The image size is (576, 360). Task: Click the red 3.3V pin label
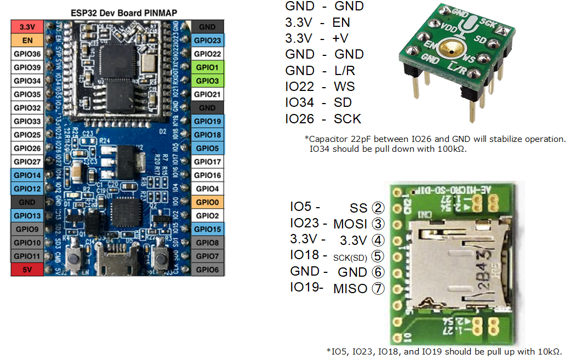(x=26, y=27)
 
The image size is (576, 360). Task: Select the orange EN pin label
(x=26, y=41)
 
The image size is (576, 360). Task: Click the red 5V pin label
(x=26, y=270)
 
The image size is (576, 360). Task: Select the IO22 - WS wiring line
(x=320, y=87)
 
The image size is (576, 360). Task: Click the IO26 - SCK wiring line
(x=323, y=118)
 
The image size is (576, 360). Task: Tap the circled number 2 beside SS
(x=378, y=208)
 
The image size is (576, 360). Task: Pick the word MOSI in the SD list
(x=350, y=224)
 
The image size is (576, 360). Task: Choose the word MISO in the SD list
(x=350, y=288)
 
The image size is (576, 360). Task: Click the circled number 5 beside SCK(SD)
(x=378, y=256)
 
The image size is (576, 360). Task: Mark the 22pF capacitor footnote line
(x=435, y=139)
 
